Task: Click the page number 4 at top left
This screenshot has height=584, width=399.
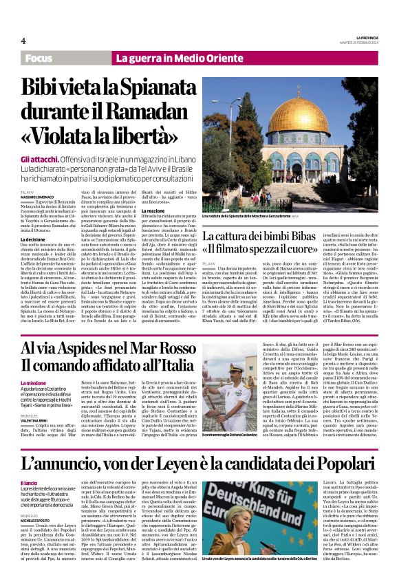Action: (23, 41)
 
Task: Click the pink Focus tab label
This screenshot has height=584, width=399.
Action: (43, 59)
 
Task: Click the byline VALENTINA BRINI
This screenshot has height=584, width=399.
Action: (34, 426)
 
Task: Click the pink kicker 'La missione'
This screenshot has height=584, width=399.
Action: (32, 382)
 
